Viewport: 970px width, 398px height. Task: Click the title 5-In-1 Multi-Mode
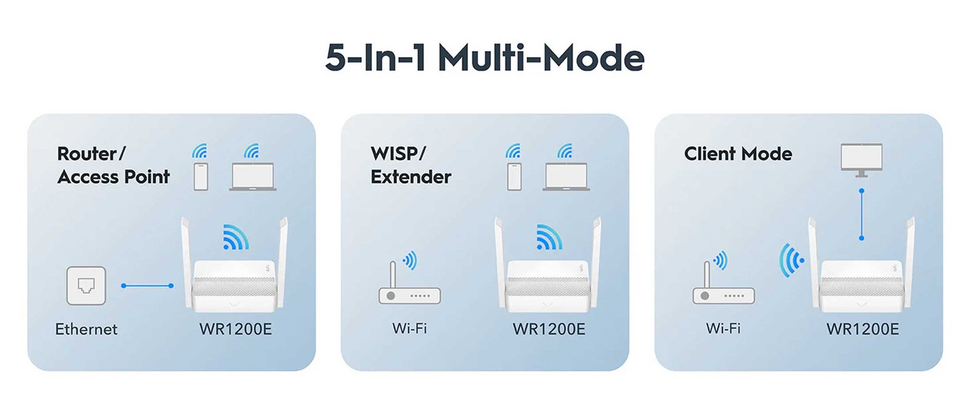(x=484, y=58)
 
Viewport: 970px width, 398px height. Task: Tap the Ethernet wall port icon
(x=86, y=285)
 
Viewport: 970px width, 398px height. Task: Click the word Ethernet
(x=86, y=329)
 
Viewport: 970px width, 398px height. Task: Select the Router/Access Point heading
(x=113, y=165)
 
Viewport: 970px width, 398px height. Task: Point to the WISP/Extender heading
(x=410, y=165)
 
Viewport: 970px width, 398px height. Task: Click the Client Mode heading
(x=738, y=154)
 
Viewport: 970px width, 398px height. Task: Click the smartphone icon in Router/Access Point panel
(x=201, y=176)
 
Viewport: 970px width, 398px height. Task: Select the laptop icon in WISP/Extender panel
(x=566, y=177)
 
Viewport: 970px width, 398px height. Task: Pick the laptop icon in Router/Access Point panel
(x=253, y=177)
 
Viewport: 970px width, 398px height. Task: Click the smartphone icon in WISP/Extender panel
(x=514, y=176)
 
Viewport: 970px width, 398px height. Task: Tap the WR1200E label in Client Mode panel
(x=862, y=329)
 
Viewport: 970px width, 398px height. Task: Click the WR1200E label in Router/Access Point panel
(x=235, y=329)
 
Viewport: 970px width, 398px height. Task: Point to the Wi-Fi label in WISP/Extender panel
(x=409, y=328)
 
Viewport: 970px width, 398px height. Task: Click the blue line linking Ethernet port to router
(x=147, y=285)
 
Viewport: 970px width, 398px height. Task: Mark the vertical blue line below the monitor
(x=861, y=214)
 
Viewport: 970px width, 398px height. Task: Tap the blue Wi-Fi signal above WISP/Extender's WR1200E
(x=549, y=237)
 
